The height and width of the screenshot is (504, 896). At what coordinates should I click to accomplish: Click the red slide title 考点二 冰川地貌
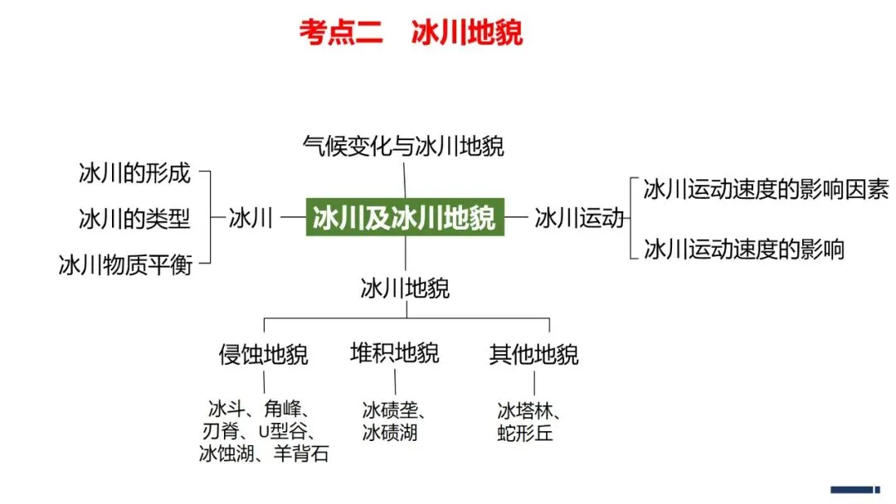click(x=411, y=34)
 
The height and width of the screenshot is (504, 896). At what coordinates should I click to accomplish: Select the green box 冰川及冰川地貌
click(x=405, y=217)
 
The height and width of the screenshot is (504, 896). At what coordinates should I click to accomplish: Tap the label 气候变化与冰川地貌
click(x=403, y=147)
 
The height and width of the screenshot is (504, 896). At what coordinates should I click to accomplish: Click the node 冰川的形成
click(x=134, y=173)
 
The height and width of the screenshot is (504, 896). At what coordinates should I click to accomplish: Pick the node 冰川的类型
click(x=134, y=219)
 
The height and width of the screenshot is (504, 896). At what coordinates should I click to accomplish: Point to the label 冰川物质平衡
click(x=125, y=264)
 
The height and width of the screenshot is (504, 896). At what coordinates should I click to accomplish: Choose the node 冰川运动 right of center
click(x=579, y=218)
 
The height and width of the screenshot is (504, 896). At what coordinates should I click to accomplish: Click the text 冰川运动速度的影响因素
click(x=766, y=190)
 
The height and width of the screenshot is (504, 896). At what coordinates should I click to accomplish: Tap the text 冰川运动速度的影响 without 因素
click(x=744, y=249)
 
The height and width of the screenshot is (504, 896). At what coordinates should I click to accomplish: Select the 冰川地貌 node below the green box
click(x=405, y=288)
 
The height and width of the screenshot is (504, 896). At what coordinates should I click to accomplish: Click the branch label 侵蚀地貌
click(x=264, y=355)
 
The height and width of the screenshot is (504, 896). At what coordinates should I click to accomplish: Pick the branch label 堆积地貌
click(x=395, y=353)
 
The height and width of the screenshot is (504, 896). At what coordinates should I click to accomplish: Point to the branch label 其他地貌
click(x=534, y=355)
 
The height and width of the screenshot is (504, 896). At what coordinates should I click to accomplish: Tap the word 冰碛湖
click(x=389, y=432)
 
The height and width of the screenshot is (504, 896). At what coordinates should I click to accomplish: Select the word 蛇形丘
click(x=525, y=433)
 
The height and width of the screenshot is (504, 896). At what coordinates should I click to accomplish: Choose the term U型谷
click(x=281, y=431)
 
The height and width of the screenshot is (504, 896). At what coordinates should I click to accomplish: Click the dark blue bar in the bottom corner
click(x=855, y=489)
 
